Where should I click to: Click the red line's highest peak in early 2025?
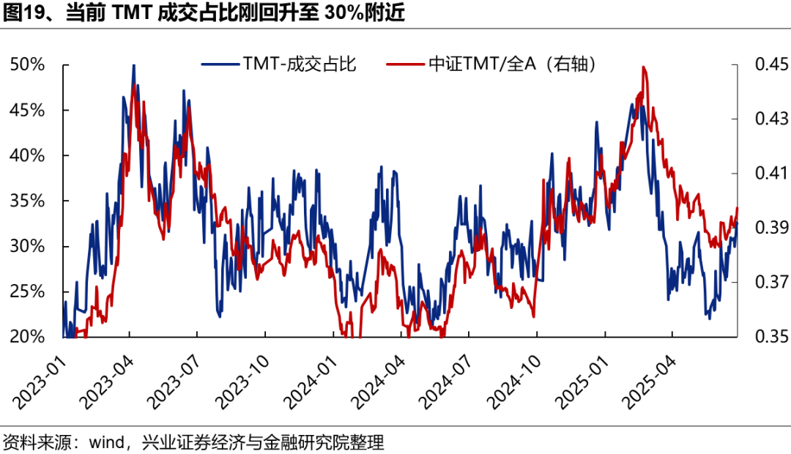pyautogui.click(x=643, y=67)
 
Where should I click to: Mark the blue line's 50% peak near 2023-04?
pyautogui.click(x=133, y=66)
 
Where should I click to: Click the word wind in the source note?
pyautogui.click(x=105, y=443)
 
